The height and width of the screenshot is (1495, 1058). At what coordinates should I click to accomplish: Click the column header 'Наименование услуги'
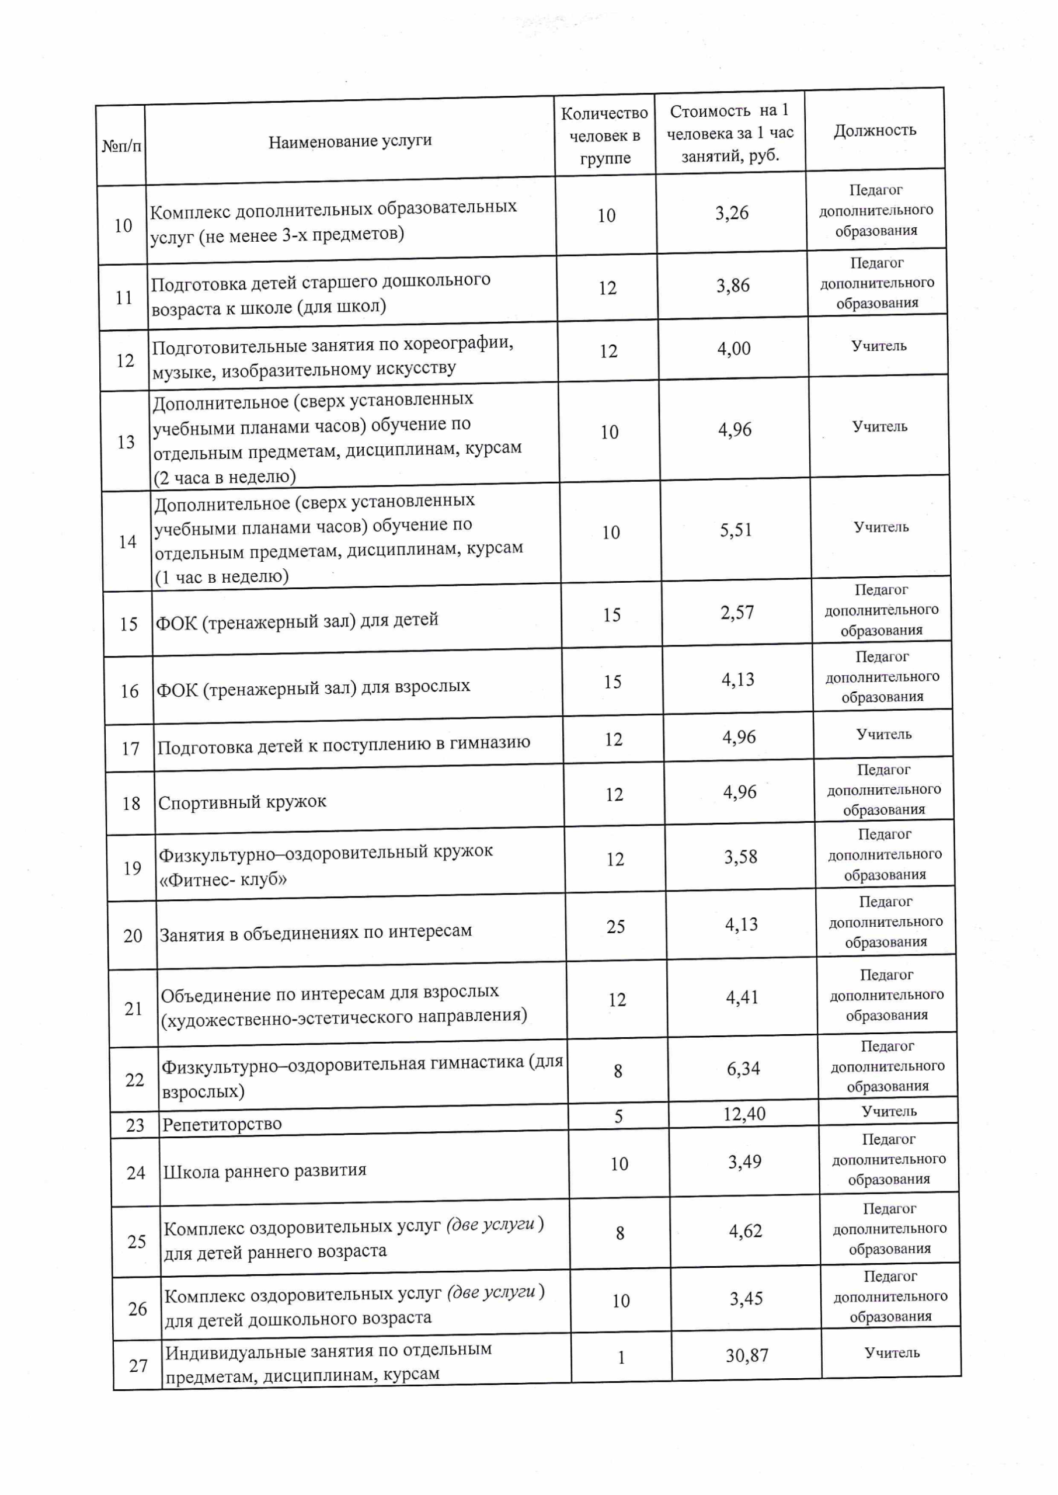(350, 141)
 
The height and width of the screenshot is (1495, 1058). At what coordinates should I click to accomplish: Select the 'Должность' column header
(875, 130)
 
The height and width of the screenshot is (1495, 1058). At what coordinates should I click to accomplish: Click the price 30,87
(747, 1355)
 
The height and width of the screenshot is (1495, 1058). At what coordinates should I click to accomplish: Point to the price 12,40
(744, 1114)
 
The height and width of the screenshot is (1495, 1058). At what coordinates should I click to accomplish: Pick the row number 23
(135, 1125)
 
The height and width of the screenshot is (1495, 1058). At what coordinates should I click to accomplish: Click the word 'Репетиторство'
(222, 1124)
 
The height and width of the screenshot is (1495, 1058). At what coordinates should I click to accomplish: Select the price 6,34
(743, 1068)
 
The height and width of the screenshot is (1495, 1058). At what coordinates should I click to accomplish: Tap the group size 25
(615, 926)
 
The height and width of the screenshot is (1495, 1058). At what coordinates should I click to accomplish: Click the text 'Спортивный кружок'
(242, 802)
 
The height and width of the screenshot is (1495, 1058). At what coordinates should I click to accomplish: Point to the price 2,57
(737, 613)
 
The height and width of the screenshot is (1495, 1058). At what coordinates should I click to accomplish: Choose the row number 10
(123, 225)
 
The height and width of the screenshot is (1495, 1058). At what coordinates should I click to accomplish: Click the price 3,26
(732, 213)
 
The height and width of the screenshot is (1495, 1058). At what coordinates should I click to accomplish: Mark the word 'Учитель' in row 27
(892, 1353)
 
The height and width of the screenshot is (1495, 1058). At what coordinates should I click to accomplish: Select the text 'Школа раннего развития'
(264, 1170)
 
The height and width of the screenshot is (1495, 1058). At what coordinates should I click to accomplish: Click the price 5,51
(736, 530)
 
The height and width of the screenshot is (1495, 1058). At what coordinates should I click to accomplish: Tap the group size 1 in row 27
(621, 1358)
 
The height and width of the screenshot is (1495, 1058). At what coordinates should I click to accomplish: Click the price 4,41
(742, 997)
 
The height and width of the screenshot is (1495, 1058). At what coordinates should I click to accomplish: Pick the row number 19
(132, 868)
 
